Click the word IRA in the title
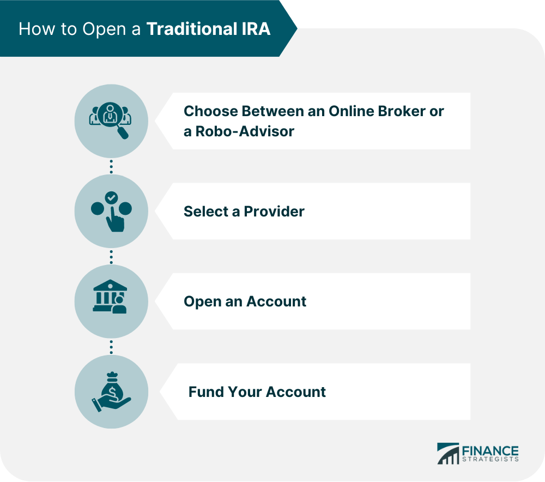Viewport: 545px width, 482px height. coord(255,29)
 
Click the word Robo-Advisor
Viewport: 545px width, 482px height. coord(245,131)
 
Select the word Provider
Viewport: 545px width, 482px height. coord(274,211)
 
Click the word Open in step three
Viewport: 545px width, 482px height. coord(201,302)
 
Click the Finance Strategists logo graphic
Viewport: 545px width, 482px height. coord(448,454)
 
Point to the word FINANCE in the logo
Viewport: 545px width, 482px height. coord(490,450)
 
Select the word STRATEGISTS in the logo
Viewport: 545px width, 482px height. coord(490,459)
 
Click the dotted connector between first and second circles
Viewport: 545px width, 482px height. coord(111,166)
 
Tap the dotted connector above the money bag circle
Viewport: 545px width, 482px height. coord(111,347)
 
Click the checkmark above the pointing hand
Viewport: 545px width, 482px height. coord(111,197)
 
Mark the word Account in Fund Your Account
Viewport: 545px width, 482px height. coord(295,391)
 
